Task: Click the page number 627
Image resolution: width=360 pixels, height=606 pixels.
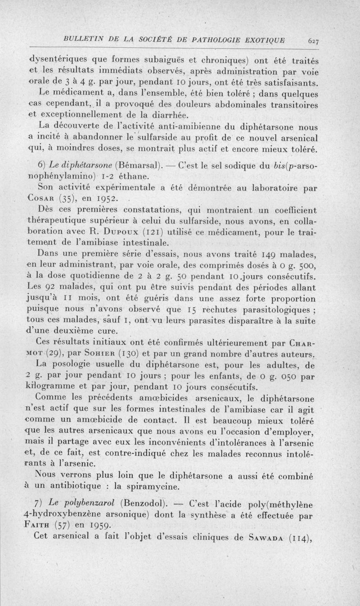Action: pos(313,40)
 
